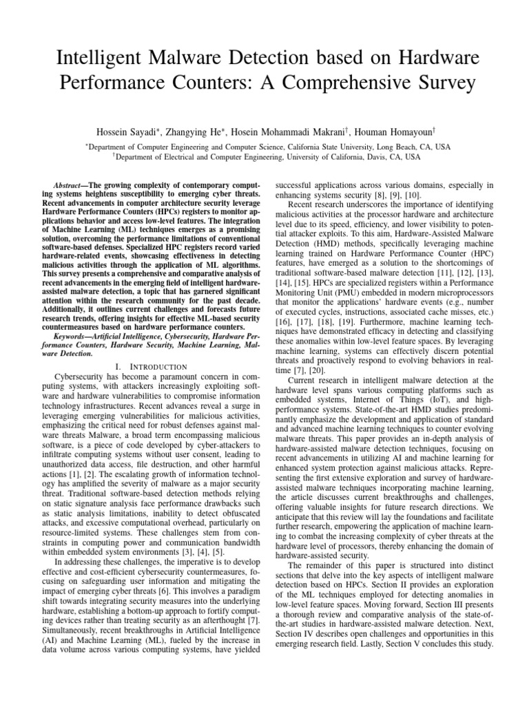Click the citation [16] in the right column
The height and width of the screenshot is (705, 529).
coord(283,341)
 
